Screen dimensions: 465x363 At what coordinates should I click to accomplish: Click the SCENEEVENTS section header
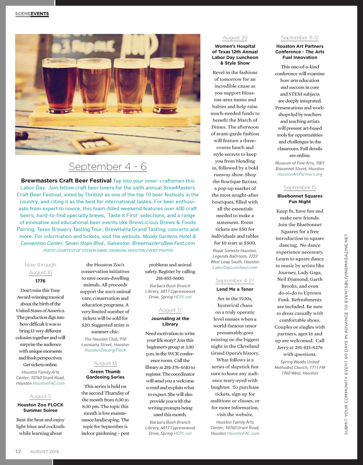32,14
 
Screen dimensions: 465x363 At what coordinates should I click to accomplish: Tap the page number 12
18,451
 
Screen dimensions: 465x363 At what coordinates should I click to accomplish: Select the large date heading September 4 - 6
107,167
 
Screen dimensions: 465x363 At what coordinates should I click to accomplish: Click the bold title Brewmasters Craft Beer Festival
66,181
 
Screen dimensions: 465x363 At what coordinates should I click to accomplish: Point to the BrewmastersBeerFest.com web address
163,243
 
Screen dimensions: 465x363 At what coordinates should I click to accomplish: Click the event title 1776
40,281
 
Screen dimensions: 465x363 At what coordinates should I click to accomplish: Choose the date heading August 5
40,396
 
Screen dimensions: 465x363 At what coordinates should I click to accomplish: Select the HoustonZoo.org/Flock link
105,350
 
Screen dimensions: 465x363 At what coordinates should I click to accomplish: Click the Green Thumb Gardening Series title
105,374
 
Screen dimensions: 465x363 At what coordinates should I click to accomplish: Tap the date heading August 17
170,310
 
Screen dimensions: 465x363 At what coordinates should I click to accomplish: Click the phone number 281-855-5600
170,278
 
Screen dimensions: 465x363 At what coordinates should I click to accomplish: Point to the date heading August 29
235,38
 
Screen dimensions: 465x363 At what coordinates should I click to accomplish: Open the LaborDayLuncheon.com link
235,268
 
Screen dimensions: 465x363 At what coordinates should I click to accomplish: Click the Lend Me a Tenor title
235,289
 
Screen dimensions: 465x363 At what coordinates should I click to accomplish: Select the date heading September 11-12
300,38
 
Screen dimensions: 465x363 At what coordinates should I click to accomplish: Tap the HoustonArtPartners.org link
300,174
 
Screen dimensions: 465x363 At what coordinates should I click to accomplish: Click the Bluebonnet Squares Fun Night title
300,199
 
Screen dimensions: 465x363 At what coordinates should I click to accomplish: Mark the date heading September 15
300,187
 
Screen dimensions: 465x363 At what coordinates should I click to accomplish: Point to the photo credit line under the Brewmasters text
108,251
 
